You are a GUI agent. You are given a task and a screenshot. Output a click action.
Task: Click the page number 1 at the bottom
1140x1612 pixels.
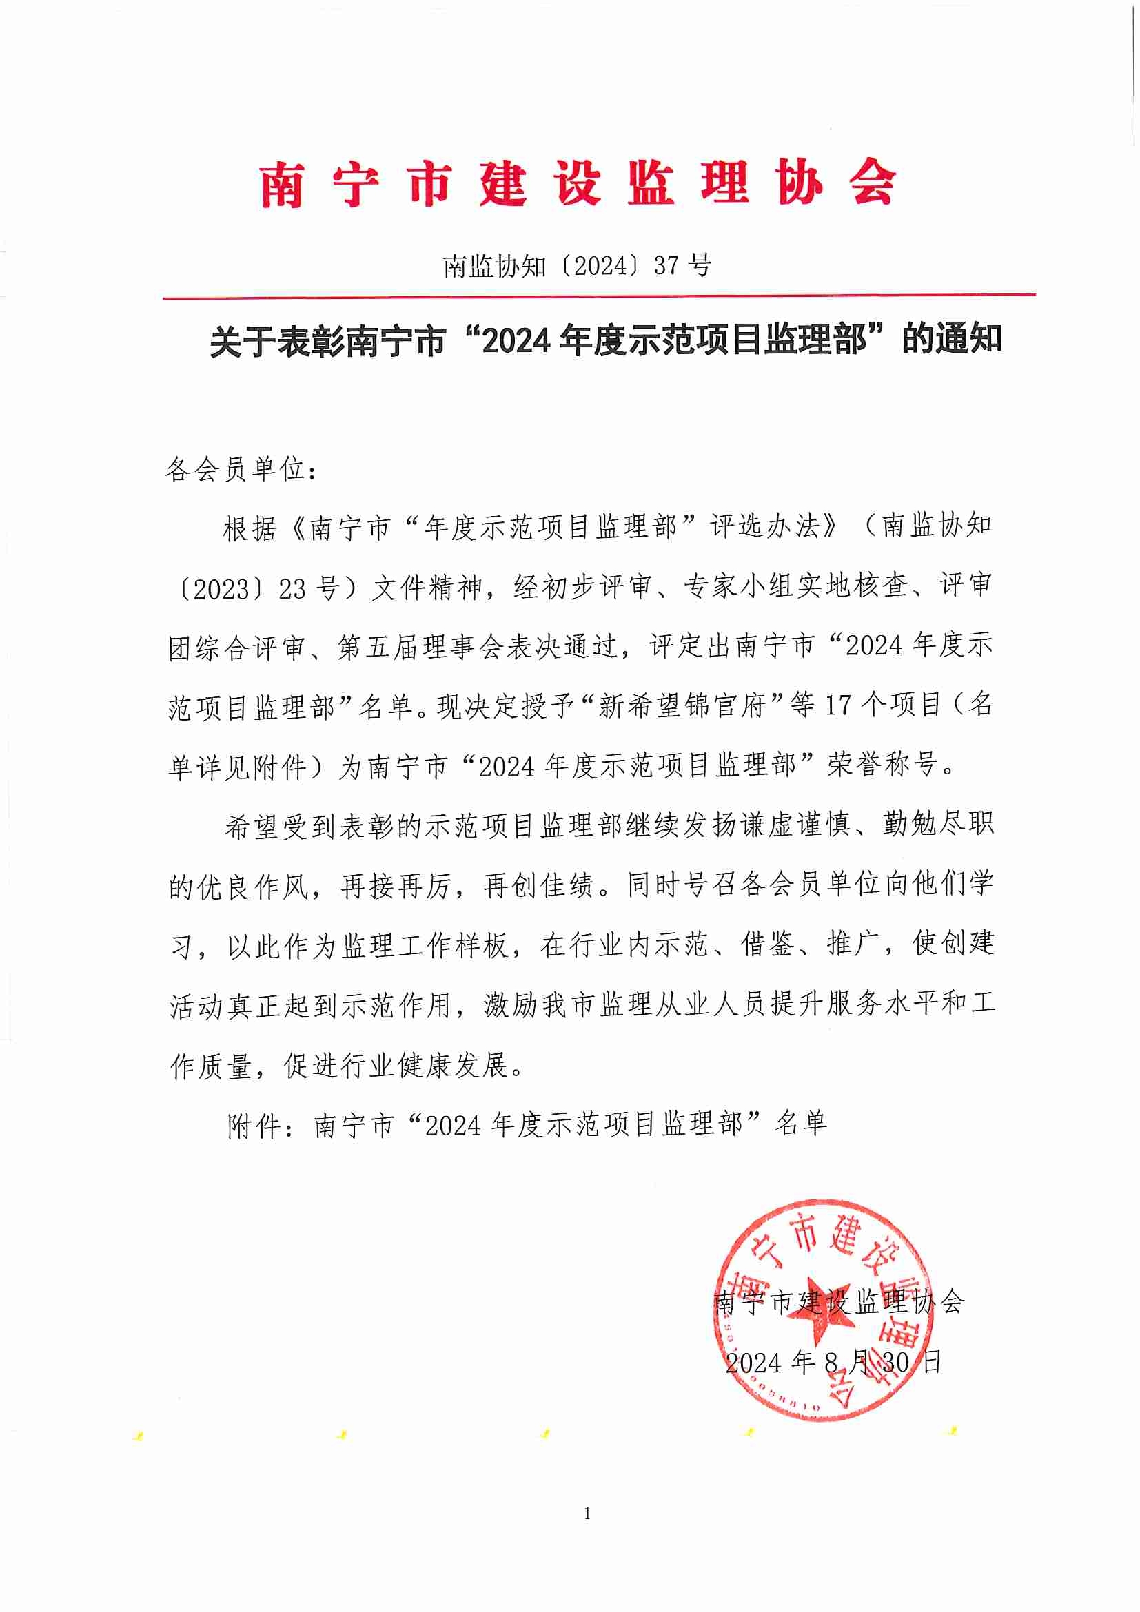tap(587, 1513)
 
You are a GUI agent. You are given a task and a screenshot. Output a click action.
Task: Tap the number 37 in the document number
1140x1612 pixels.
tap(666, 265)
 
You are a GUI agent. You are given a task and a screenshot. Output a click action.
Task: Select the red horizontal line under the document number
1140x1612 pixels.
tap(598, 297)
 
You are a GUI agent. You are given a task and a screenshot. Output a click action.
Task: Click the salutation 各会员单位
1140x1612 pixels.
tap(236, 470)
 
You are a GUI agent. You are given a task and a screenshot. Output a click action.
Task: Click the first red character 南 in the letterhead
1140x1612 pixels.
tap(282, 184)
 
